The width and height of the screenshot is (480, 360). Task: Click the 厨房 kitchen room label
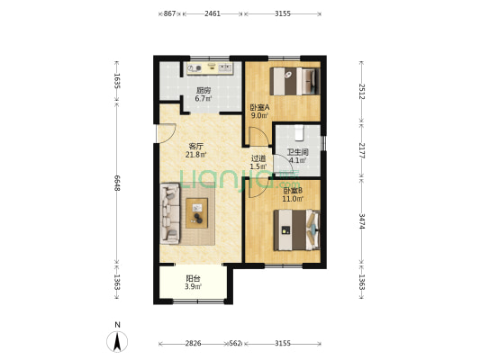click(x=204, y=90)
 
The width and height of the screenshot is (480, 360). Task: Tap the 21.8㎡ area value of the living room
click(x=195, y=155)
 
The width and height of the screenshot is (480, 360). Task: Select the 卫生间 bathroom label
click(x=297, y=152)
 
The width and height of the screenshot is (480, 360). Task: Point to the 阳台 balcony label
click(x=193, y=279)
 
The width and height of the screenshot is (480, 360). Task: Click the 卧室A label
click(x=259, y=107)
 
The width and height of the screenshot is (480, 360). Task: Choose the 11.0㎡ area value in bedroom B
click(x=293, y=199)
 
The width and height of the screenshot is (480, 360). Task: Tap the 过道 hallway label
click(x=258, y=158)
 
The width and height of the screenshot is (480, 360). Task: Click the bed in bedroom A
click(x=294, y=81)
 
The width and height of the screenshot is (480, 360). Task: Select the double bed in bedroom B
click(x=297, y=230)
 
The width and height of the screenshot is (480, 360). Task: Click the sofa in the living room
click(x=169, y=213)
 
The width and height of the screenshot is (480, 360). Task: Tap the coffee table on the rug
click(x=197, y=213)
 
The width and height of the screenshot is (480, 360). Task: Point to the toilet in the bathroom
click(x=299, y=132)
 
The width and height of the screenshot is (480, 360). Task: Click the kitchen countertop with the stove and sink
click(x=211, y=68)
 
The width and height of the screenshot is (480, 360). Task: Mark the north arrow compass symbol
click(x=117, y=341)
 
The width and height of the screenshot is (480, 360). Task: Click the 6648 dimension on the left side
click(x=117, y=183)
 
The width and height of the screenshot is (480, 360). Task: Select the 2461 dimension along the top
click(x=213, y=13)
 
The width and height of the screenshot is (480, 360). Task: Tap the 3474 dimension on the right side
click(x=362, y=221)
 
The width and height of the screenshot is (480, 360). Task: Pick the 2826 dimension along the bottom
click(x=193, y=343)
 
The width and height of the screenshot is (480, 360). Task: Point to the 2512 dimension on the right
click(x=362, y=92)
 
